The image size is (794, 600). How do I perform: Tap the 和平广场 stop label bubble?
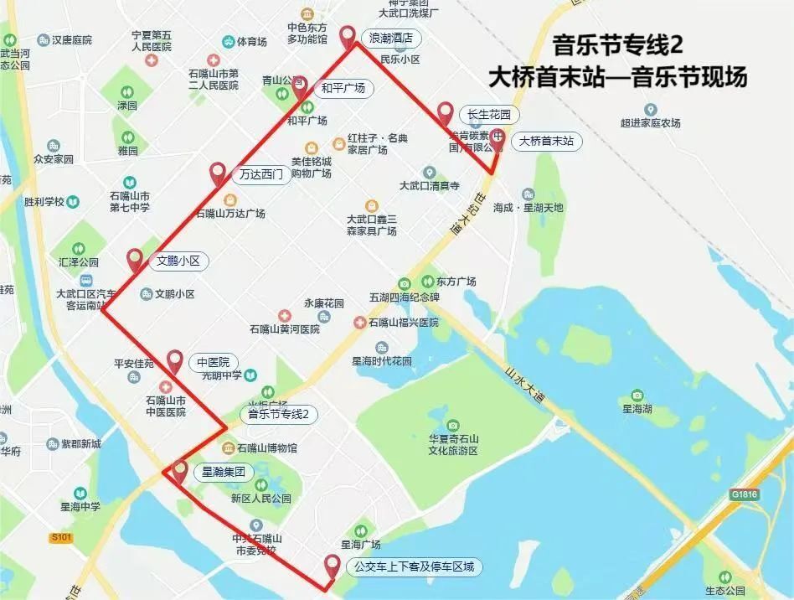click(343, 88)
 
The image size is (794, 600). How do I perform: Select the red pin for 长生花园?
click(446, 113)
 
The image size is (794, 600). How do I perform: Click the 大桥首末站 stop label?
click(546, 141)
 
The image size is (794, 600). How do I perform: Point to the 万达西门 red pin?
click(218, 173)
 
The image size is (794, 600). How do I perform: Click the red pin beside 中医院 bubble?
click(175, 360)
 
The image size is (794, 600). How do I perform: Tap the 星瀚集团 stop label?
click(224, 473)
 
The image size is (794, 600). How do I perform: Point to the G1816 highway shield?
click(743, 494)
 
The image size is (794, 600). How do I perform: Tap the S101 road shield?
click(61, 536)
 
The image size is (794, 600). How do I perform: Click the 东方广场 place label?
click(456, 281)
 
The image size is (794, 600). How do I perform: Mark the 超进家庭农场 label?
click(650, 123)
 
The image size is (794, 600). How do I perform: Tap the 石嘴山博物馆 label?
click(266, 448)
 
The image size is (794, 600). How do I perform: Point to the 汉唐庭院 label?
click(71, 39)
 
